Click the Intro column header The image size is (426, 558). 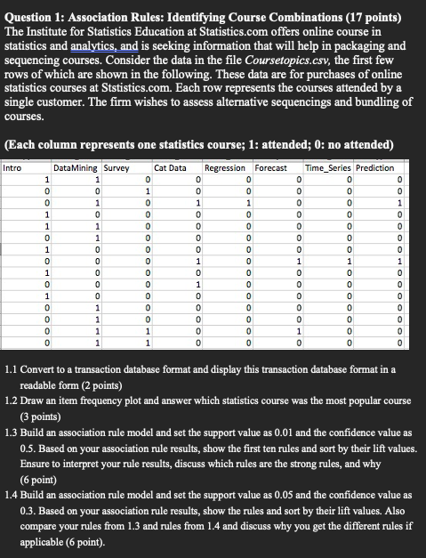13,167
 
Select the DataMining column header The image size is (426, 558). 76,167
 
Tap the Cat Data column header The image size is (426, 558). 170,167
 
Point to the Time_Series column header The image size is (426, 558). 327,167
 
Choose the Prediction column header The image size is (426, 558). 381,167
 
